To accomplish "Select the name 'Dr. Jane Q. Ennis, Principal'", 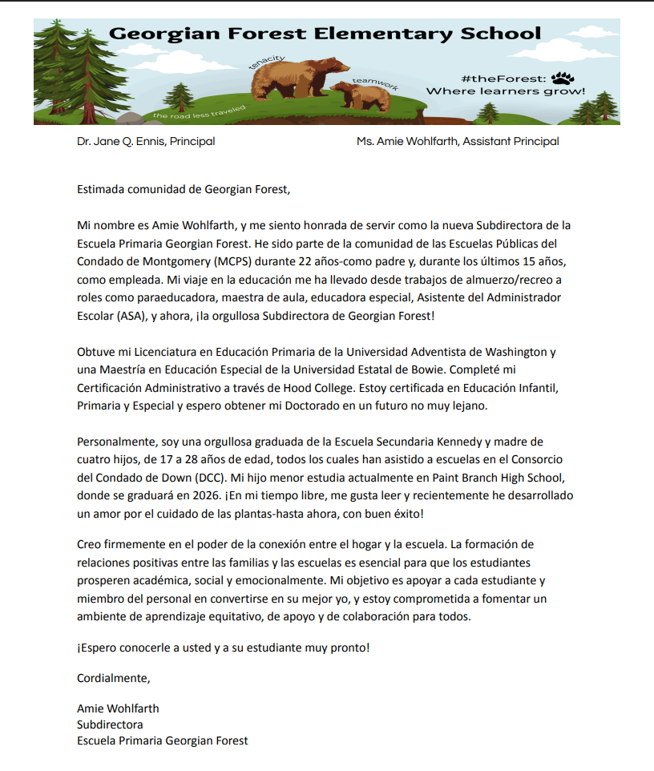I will (146, 142).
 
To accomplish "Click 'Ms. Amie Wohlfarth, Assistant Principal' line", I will (458, 142).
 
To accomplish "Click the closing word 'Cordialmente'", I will (114, 677).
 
